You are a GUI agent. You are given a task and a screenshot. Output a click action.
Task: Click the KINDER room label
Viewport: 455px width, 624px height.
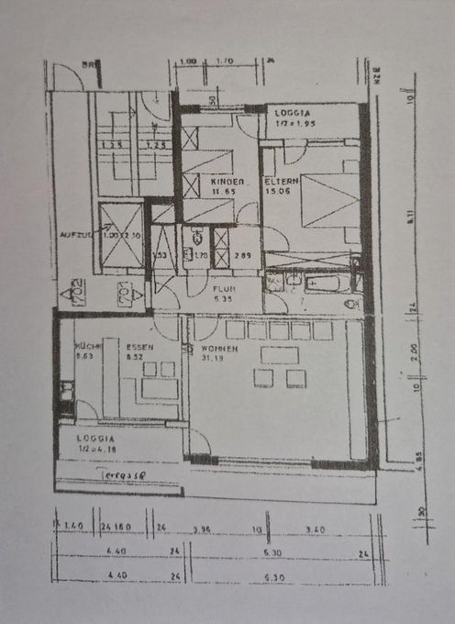[227, 182]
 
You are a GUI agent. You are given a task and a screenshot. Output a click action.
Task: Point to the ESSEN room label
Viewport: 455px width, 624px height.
[139, 348]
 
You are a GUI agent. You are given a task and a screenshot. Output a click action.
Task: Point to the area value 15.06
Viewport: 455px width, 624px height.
[279, 192]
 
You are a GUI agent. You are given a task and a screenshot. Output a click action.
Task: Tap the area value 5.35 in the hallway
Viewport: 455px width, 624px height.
[223, 297]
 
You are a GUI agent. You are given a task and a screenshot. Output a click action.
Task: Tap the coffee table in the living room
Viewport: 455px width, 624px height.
[281, 354]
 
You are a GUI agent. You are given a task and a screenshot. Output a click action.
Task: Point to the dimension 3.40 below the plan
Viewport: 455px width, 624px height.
[315, 528]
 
